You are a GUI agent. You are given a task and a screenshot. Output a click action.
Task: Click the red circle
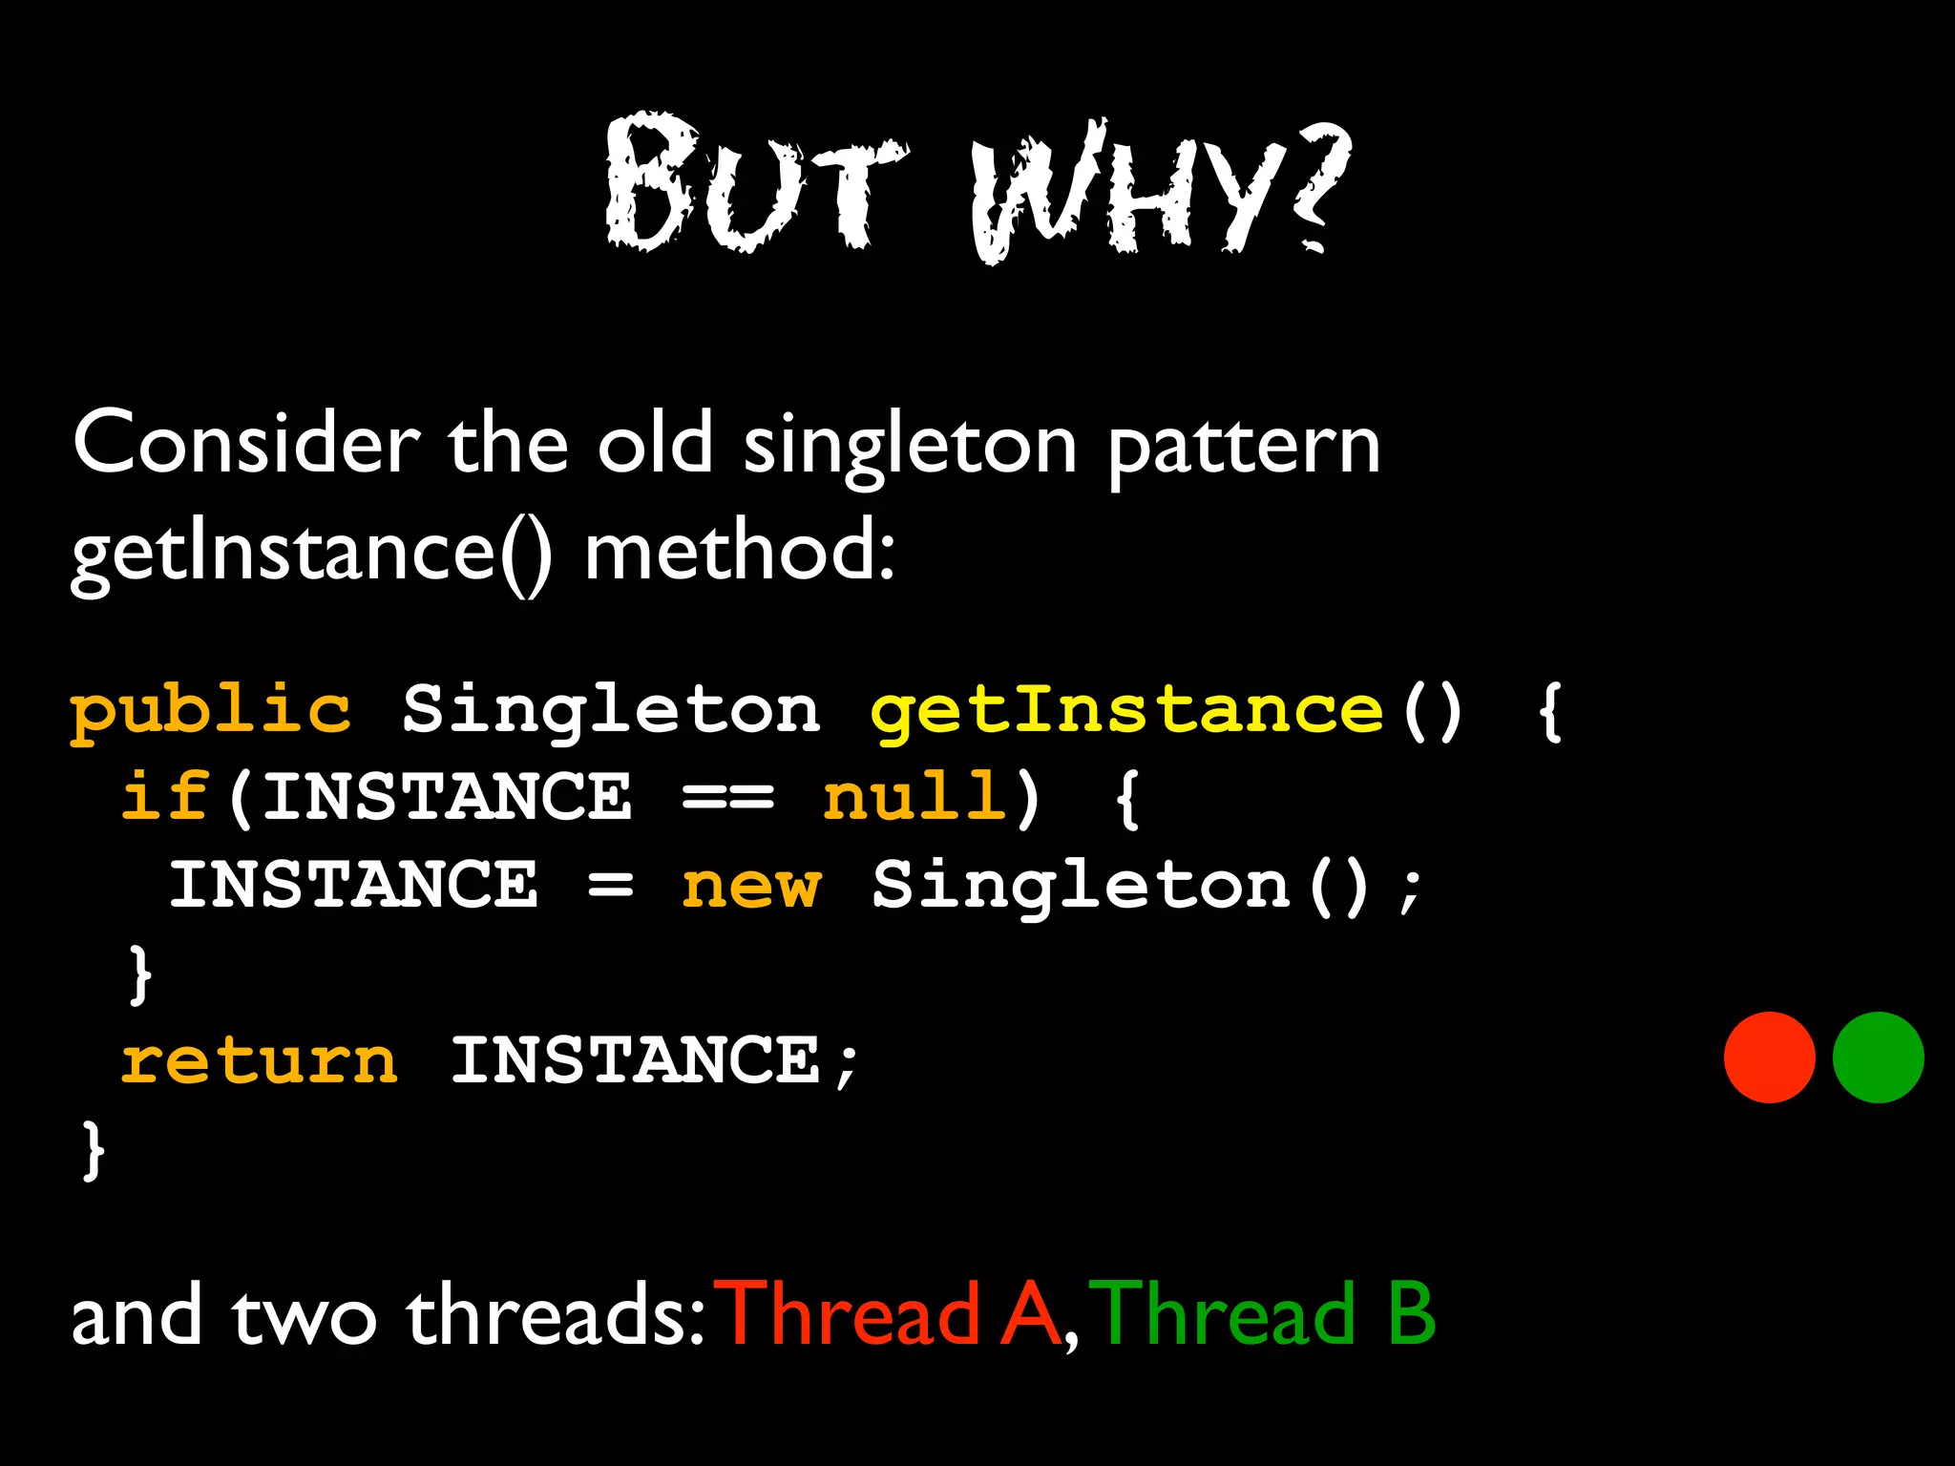(x=1769, y=1058)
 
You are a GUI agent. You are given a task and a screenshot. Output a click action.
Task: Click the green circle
(x=1878, y=1058)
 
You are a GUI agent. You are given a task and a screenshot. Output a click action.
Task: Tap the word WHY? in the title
(x=1161, y=191)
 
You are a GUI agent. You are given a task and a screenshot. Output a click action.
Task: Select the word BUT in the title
(x=754, y=186)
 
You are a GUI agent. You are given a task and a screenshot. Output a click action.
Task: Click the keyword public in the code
(x=211, y=712)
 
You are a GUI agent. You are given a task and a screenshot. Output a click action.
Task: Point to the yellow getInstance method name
(x=1126, y=712)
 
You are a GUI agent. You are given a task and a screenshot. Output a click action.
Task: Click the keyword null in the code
(x=914, y=798)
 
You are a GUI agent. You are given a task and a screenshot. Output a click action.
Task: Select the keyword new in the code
(x=750, y=886)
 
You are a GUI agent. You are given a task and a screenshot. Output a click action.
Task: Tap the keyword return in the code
(x=259, y=1061)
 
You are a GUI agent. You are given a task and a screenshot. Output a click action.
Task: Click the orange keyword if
(x=164, y=798)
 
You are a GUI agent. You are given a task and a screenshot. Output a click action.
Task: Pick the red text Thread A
(x=893, y=1315)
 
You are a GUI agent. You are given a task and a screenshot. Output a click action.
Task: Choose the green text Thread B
(x=1262, y=1315)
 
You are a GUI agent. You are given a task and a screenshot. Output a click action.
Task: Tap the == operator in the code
(x=727, y=798)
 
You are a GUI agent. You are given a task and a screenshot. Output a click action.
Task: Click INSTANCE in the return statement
(x=635, y=1061)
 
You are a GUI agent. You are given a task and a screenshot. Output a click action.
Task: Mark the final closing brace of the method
(x=93, y=1151)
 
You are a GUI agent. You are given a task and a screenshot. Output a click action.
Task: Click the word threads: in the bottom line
(x=556, y=1315)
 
